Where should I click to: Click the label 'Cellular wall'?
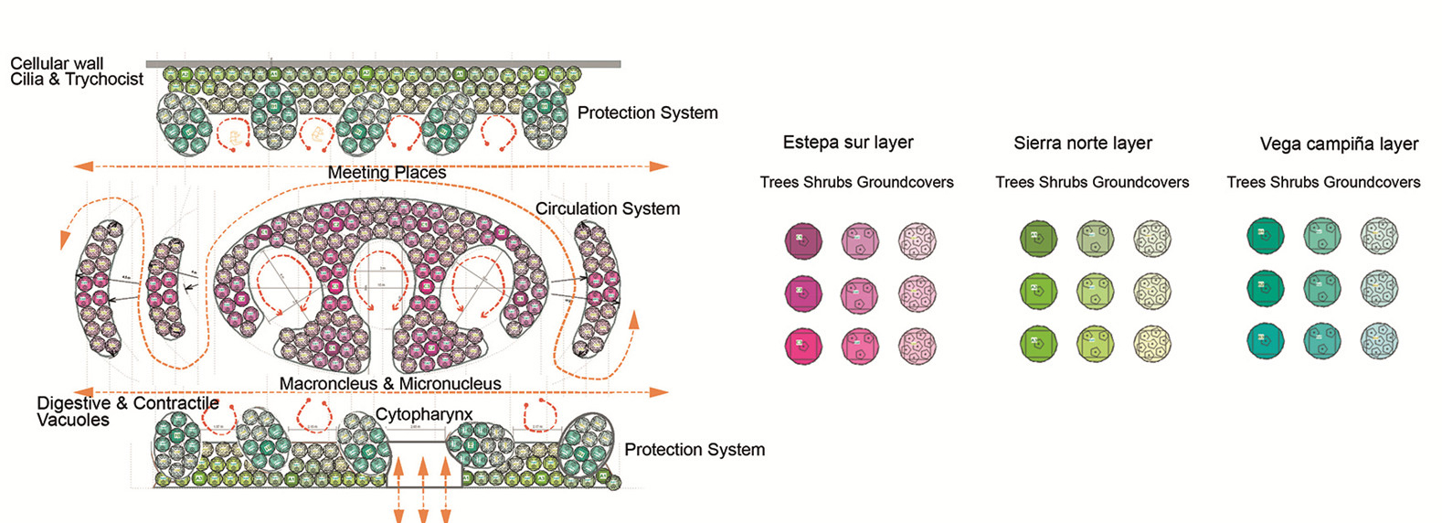[57, 63]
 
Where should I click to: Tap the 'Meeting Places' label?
[387, 173]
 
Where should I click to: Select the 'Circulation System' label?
[608, 208]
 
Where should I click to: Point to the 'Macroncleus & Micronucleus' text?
[390, 384]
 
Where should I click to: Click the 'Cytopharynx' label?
[424, 414]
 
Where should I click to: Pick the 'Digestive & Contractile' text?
[128, 403]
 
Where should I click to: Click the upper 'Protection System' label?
[647, 112]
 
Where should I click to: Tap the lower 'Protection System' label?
[694, 450]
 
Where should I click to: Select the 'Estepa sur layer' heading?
[848, 143]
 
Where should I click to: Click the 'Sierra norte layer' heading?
[1083, 144]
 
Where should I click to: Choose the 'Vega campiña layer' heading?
[1339, 144]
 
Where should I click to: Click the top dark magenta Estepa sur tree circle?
[803, 240]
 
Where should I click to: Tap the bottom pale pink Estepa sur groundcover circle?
[917, 347]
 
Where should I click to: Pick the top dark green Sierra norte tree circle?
[1038, 239]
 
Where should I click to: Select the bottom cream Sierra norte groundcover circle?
[1151, 344]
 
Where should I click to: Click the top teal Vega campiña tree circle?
[1266, 236]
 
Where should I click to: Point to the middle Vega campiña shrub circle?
[1321, 288]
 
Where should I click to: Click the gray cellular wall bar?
[384, 64]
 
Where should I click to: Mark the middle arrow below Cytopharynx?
[423, 489]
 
